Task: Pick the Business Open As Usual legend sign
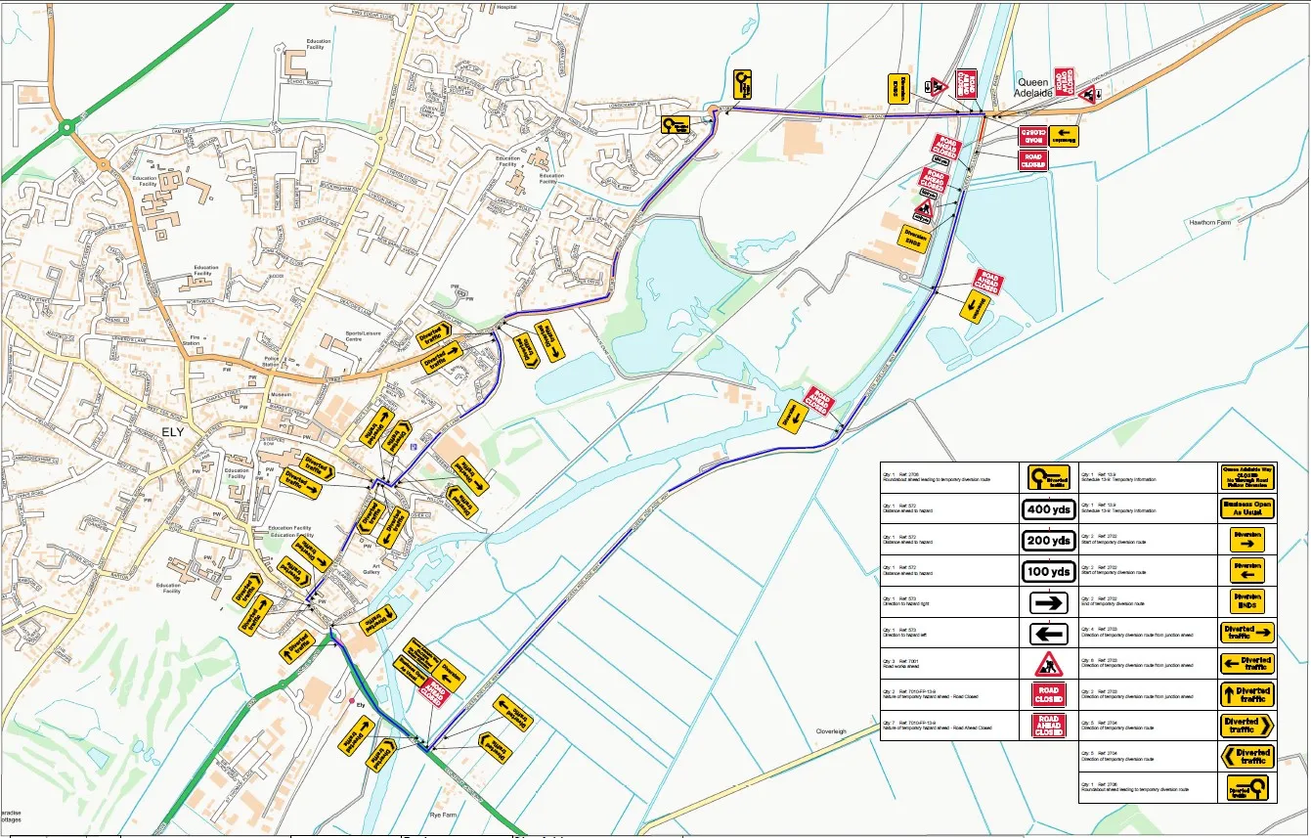click(1247, 508)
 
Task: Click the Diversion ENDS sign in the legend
click(1247, 601)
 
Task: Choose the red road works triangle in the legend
click(1048, 664)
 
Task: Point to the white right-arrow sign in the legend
click(1048, 602)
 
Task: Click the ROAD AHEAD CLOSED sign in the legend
click(1048, 726)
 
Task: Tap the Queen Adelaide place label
click(1035, 88)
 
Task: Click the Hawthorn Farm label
click(1213, 223)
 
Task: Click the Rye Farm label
click(443, 814)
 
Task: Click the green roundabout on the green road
click(66, 126)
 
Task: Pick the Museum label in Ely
click(281, 394)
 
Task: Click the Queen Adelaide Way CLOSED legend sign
click(1247, 477)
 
